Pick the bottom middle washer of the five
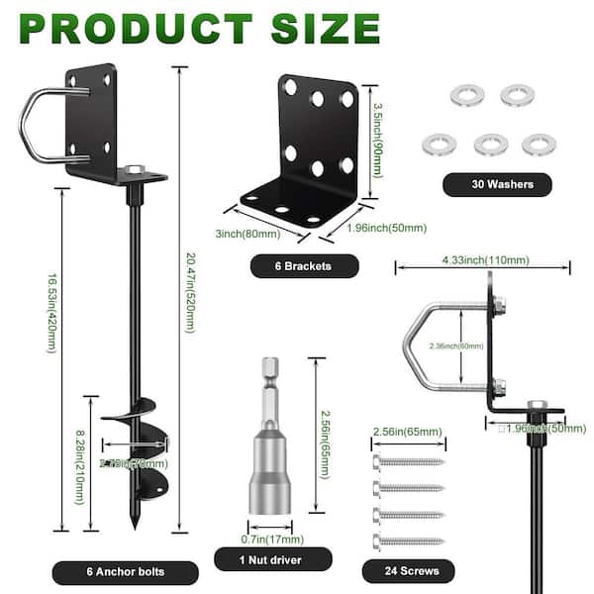[x=489, y=145]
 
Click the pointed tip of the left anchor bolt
[x=133, y=528]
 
